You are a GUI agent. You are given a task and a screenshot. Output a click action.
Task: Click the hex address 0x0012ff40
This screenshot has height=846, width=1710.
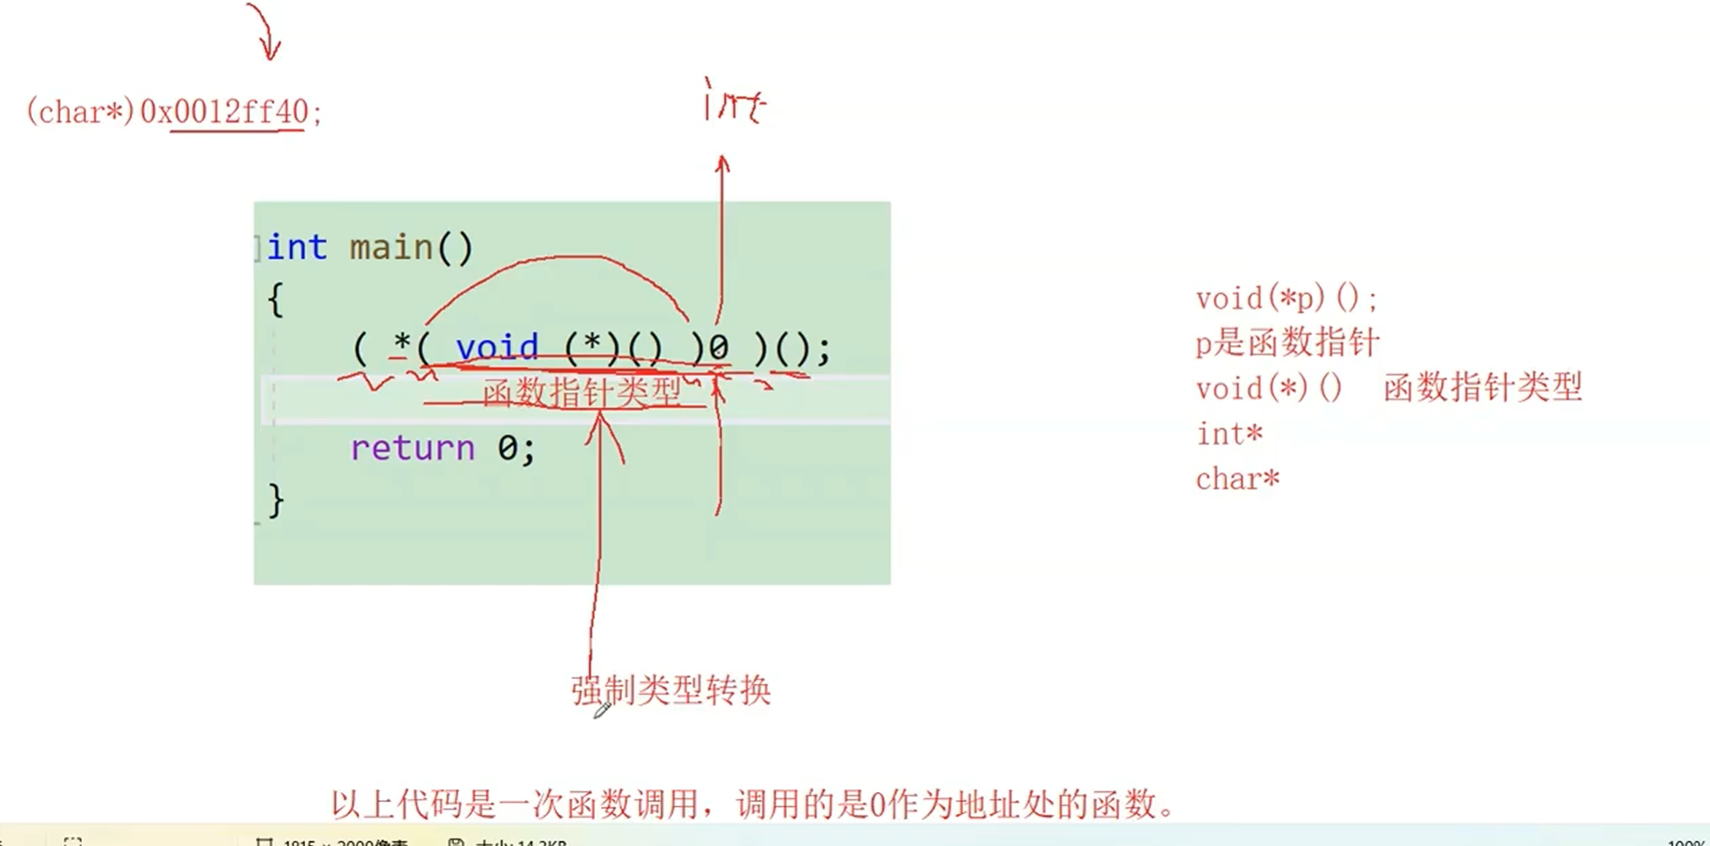click(x=224, y=112)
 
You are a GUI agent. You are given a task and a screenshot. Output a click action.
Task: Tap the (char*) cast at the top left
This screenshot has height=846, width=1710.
click(x=80, y=112)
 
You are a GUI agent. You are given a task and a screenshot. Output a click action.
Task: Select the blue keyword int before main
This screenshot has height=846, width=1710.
click(x=297, y=248)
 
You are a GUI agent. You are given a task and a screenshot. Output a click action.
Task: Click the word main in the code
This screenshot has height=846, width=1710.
click(x=391, y=248)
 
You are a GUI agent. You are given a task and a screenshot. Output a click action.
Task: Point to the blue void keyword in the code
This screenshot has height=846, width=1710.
click(x=497, y=347)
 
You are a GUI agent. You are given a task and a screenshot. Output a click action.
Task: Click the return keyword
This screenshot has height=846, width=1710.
click(x=412, y=448)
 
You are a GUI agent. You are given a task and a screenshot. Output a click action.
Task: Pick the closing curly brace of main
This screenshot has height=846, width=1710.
click(x=276, y=500)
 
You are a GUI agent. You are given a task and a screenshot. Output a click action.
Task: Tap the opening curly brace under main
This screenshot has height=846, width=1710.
click(x=275, y=300)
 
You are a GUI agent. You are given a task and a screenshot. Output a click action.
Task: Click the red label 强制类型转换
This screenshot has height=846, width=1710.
click(x=671, y=690)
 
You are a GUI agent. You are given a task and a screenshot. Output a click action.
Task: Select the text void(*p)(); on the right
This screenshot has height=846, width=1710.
click(x=1286, y=298)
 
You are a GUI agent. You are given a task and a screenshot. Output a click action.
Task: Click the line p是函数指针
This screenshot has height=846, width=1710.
click(x=1287, y=343)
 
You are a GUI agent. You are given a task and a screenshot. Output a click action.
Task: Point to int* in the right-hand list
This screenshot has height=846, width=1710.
click(x=1229, y=434)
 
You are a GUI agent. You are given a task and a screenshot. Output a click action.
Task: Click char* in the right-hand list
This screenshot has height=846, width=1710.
click(x=1237, y=479)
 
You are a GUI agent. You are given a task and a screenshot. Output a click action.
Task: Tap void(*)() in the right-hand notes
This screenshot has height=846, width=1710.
click(x=1269, y=389)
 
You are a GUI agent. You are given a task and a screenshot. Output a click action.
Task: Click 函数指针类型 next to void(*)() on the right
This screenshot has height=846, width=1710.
click(x=1483, y=388)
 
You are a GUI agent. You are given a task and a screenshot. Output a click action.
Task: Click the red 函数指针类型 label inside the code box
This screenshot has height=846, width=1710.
click(x=582, y=393)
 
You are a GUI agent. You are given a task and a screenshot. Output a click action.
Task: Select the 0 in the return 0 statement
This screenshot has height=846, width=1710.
click(x=507, y=448)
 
